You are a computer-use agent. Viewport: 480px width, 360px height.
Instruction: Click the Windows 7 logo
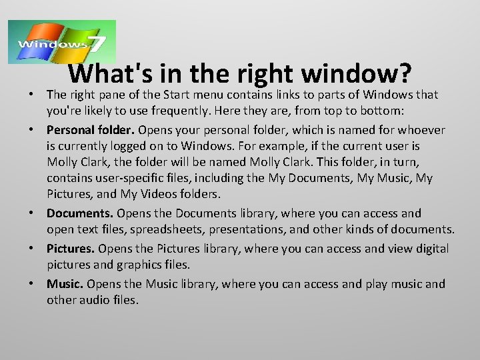pos(61,42)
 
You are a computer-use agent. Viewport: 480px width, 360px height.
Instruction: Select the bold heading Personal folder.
pos(85,129)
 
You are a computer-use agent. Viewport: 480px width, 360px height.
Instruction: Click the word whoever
pos(423,129)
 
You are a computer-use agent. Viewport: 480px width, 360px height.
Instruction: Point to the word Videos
pos(159,194)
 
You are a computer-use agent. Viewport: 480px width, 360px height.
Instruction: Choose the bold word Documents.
pos(81,213)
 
